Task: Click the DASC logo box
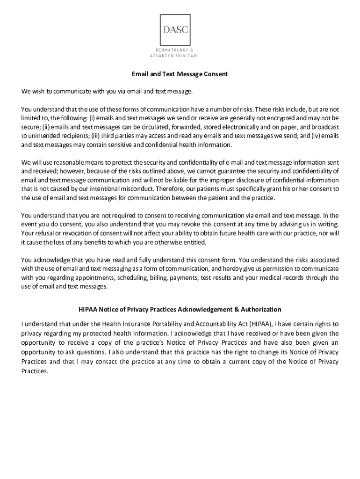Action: [176, 29]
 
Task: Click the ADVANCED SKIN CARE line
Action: [174, 56]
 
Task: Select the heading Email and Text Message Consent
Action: [179, 74]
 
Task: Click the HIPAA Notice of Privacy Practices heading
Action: [180, 309]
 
